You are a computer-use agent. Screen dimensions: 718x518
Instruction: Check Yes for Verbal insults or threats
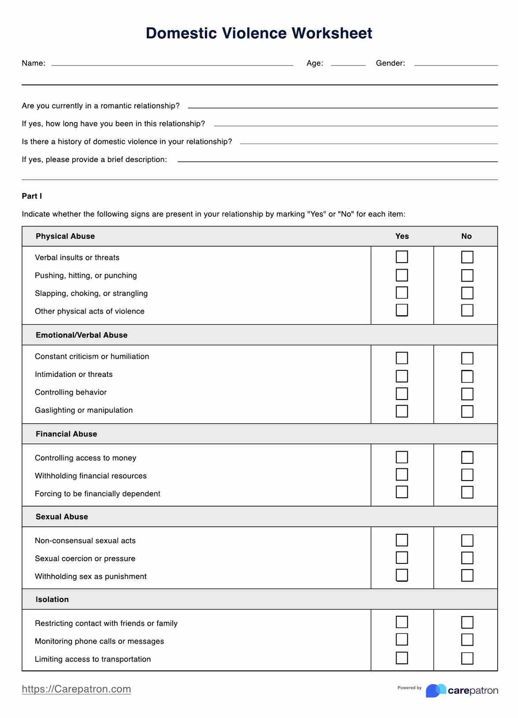(x=402, y=257)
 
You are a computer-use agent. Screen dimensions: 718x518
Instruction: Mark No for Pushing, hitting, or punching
(x=467, y=275)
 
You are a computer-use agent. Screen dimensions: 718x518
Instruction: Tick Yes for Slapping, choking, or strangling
(x=402, y=293)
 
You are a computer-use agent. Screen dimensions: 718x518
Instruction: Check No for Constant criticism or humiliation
(x=467, y=358)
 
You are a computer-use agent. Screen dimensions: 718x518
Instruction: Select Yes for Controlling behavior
(x=402, y=393)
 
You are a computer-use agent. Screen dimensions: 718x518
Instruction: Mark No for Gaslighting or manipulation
(x=467, y=411)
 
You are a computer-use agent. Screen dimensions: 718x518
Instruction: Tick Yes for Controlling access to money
(x=402, y=457)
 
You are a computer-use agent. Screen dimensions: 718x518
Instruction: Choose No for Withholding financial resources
(x=467, y=475)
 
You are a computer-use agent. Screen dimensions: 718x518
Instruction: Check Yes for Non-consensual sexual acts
(x=402, y=540)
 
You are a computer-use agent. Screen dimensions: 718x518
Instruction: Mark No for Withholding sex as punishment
(x=467, y=575)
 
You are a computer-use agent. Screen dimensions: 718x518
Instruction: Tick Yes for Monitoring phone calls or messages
(x=402, y=640)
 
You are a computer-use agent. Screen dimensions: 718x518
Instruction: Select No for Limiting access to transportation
(x=467, y=658)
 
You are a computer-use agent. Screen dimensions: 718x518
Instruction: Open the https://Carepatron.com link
(x=76, y=689)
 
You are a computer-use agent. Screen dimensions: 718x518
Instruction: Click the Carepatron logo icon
(x=435, y=690)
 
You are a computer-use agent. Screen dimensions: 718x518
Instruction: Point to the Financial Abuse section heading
(x=66, y=434)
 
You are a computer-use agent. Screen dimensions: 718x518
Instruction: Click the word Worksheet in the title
(x=332, y=33)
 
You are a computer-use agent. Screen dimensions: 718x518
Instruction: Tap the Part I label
(x=32, y=196)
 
